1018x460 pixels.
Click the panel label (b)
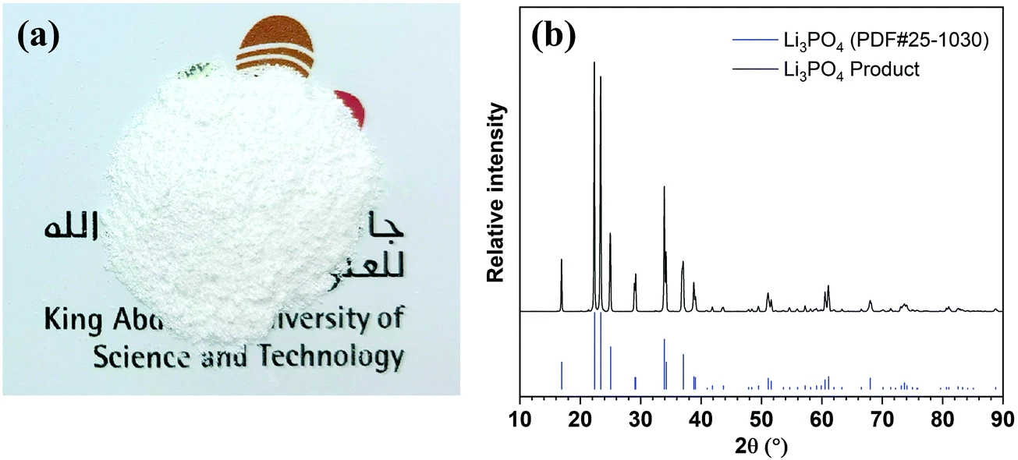(555, 36)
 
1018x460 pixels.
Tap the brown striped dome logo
(278, 48)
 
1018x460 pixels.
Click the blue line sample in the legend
(752, 42)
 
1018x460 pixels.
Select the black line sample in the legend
(752, 69)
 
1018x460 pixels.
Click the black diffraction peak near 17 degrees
(562, 285)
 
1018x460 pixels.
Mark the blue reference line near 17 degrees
(562, 375)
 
